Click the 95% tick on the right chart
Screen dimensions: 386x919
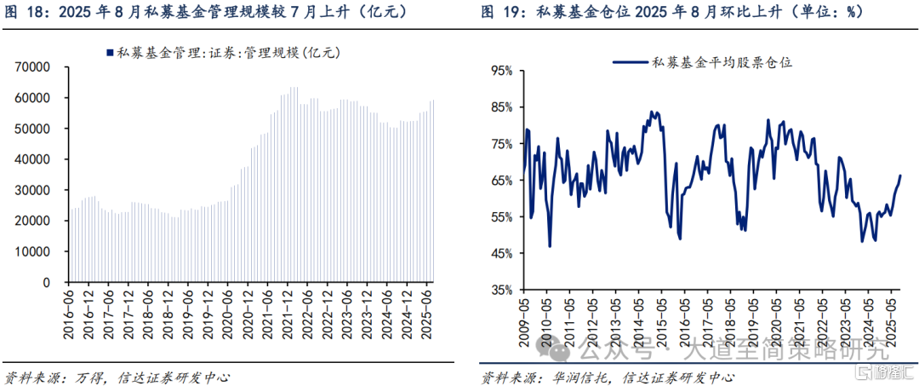click(499, 71)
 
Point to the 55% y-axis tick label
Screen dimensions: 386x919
click(499, 217)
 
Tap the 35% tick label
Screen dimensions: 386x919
click(499, 291)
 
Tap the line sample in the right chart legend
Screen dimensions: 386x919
click(631, 61)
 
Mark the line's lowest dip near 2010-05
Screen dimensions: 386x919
click(550, 246)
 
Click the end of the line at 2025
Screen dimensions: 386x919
click(900, 176)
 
